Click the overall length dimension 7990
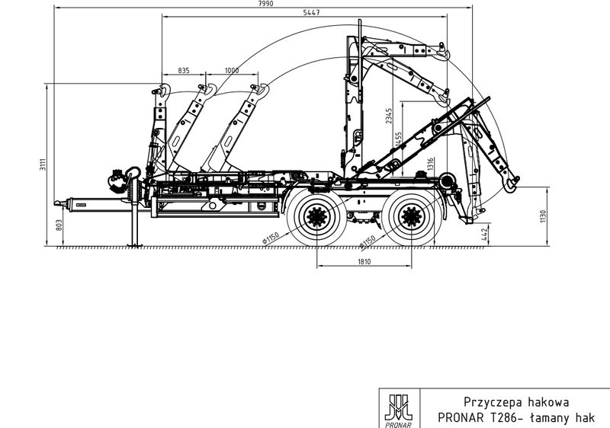click(x=265, y=4)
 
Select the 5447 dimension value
click(x=311, y=12)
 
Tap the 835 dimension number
click(x=184, y=70)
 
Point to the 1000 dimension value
click(x=232, y=70)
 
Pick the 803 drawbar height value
click(x=59, y=225)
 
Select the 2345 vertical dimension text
click(x=389, y=116)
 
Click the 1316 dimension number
click(x=430, y=164)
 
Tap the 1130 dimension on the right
click(x=543, y=216)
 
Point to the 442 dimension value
click(x=485, y=234)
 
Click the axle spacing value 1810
click(x=364, y=261)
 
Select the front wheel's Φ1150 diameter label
click(x=271, y=238)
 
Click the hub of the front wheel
click(x=317, y=217)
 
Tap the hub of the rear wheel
click(x=412, y=217)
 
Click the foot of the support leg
click(x=135, y=244)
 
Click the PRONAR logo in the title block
click(x=399, y=410)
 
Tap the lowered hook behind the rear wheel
click(x=511, y=184)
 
